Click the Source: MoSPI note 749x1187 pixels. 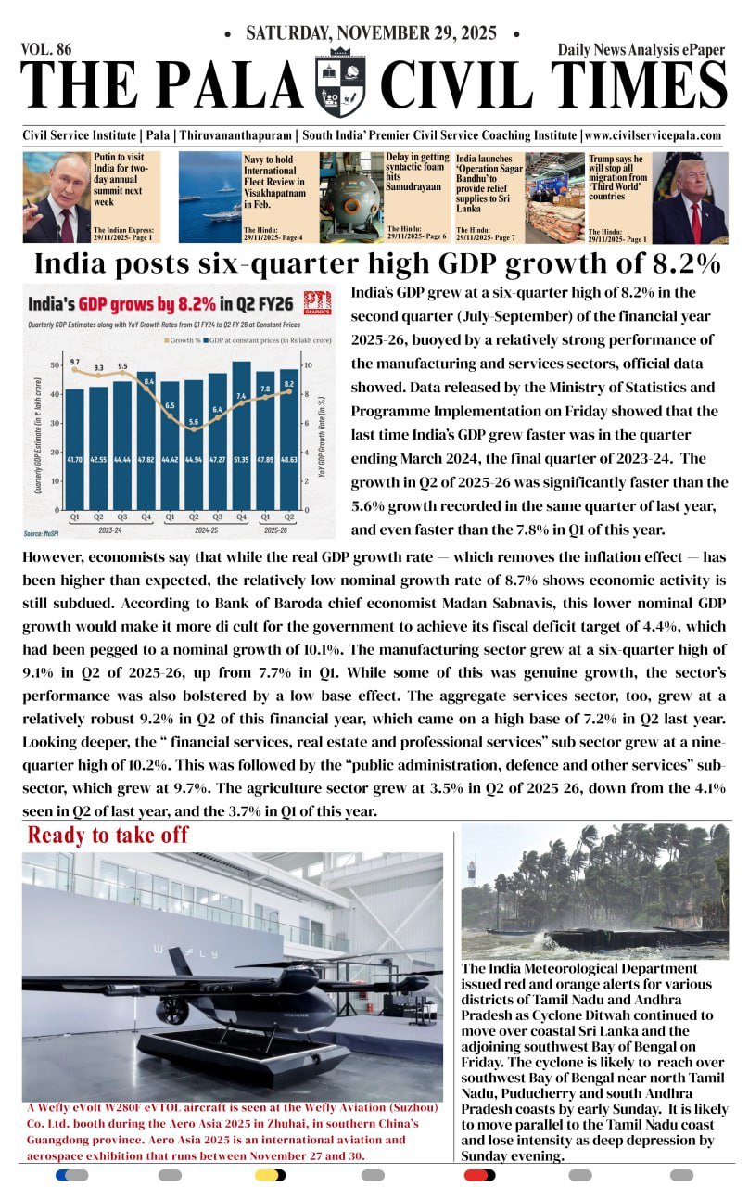tap(44, 534)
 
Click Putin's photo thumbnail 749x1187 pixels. tap(56, 198)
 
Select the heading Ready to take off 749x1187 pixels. tap(108, 835)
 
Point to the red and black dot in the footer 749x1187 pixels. tap(479, 1175)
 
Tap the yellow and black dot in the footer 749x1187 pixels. tap(270, 1175)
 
